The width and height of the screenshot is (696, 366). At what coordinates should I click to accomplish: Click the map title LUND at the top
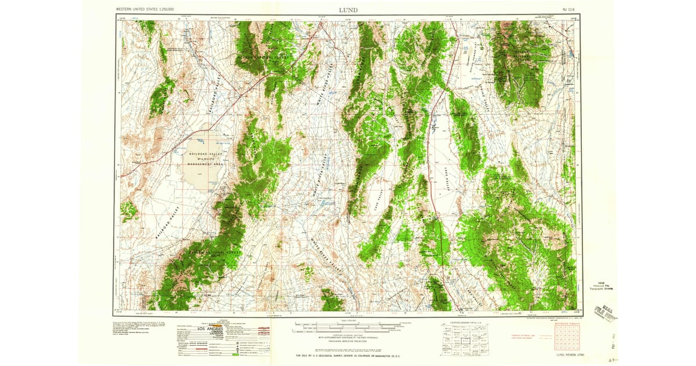point(349,10)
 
